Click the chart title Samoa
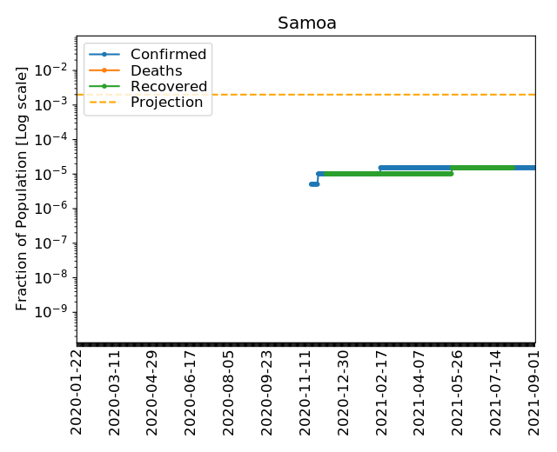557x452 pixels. [305, 23]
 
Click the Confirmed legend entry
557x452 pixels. [168, 55]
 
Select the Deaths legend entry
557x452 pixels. [156, 70]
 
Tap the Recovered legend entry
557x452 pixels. [168, 87]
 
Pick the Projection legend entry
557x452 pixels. [166, 103]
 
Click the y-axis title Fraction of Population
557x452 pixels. [23, 188]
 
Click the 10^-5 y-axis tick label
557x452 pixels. [55, 174]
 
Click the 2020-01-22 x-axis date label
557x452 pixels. [77, 392]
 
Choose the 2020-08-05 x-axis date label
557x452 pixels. [229, 392]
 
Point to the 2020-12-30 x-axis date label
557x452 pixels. [343, 392]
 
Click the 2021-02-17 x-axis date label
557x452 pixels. [381, 392]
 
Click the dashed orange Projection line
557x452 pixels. [348, 94]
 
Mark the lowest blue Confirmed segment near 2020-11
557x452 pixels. [314, 184]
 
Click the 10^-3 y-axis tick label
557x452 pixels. [55, 104]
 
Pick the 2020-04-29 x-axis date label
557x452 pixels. [152, 392]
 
